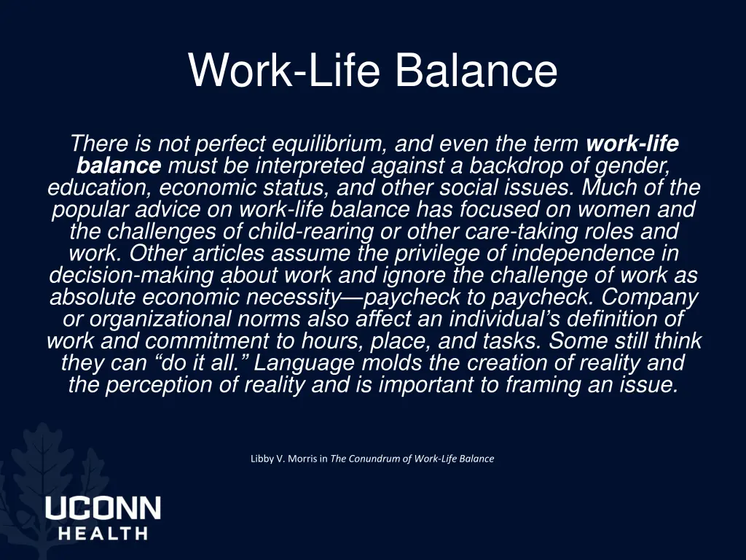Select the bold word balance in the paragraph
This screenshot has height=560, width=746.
(119, 166)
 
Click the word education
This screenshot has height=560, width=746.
(99, 188)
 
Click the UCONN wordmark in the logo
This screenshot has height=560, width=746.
(103, 508)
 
